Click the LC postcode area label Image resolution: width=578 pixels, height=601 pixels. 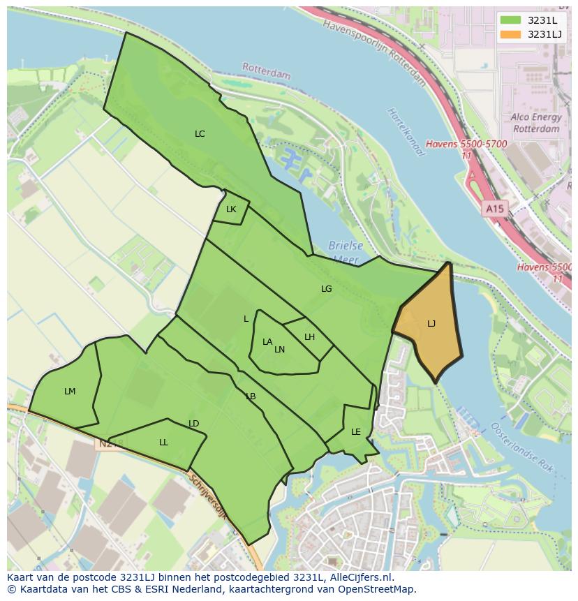200,134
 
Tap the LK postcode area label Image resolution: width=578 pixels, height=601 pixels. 231,209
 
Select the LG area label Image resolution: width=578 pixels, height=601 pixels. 326,289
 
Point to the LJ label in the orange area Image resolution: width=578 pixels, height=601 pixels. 431,324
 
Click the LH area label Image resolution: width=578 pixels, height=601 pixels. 309,337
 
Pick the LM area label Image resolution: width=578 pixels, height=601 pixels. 70,392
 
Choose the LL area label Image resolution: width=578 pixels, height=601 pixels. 163,443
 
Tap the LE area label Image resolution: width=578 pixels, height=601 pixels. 356,432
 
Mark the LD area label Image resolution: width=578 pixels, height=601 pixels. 194,424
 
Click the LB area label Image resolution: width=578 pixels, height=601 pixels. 251,396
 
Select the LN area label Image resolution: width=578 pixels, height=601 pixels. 279,350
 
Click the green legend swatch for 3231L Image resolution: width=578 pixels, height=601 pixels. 511,20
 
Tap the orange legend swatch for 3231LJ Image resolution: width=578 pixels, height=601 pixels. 511,34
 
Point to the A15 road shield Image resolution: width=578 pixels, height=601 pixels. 494,209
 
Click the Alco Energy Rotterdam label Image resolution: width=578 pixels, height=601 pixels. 535,123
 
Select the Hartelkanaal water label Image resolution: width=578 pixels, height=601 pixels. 405,133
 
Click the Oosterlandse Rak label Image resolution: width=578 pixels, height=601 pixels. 523,447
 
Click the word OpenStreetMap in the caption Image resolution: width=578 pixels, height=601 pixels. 376,589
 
